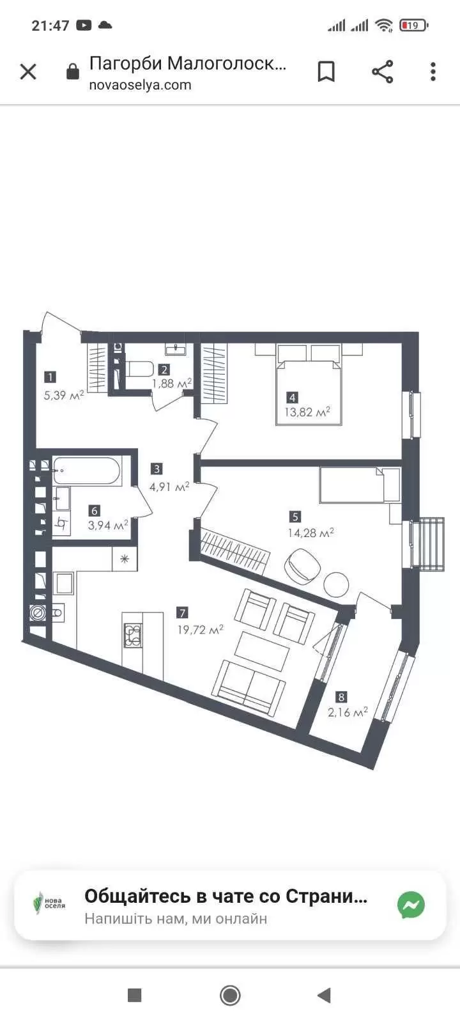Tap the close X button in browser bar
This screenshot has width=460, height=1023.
pyautogui.click(x=28, y=72)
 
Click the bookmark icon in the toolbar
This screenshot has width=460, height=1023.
pyautogui.click(x=326, y=72)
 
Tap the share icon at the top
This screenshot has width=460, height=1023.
pyautogui.click(x=383, y=72)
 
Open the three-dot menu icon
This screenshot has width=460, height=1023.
pyautogui.click(x=433, y=72)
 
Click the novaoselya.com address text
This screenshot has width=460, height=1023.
pyautogui.click(x=140, y=85)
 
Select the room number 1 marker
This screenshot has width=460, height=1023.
pyautogui.click(x=50, y=377)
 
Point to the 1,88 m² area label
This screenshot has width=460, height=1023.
pyautogui.click(x=172, y=383)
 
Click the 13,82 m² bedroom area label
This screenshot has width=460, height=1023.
pyautogui.click(x=307, y=412)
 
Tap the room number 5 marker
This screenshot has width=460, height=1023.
pyautogui.click(x=295, y=517)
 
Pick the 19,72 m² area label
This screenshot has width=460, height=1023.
pyautogui.click(x=201, y=630)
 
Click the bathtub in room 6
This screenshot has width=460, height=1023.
pyautogui.click(x=87, y=471)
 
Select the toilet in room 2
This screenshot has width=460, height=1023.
pyautogui.click(x=139, y=369)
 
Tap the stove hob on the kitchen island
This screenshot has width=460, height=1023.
pyautogui.click(x=133, y=636)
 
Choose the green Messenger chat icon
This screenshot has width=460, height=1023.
pyautogui.click(x=411, y=905)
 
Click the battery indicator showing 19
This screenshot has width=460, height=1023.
pyautogui.click(x=413, y=26)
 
